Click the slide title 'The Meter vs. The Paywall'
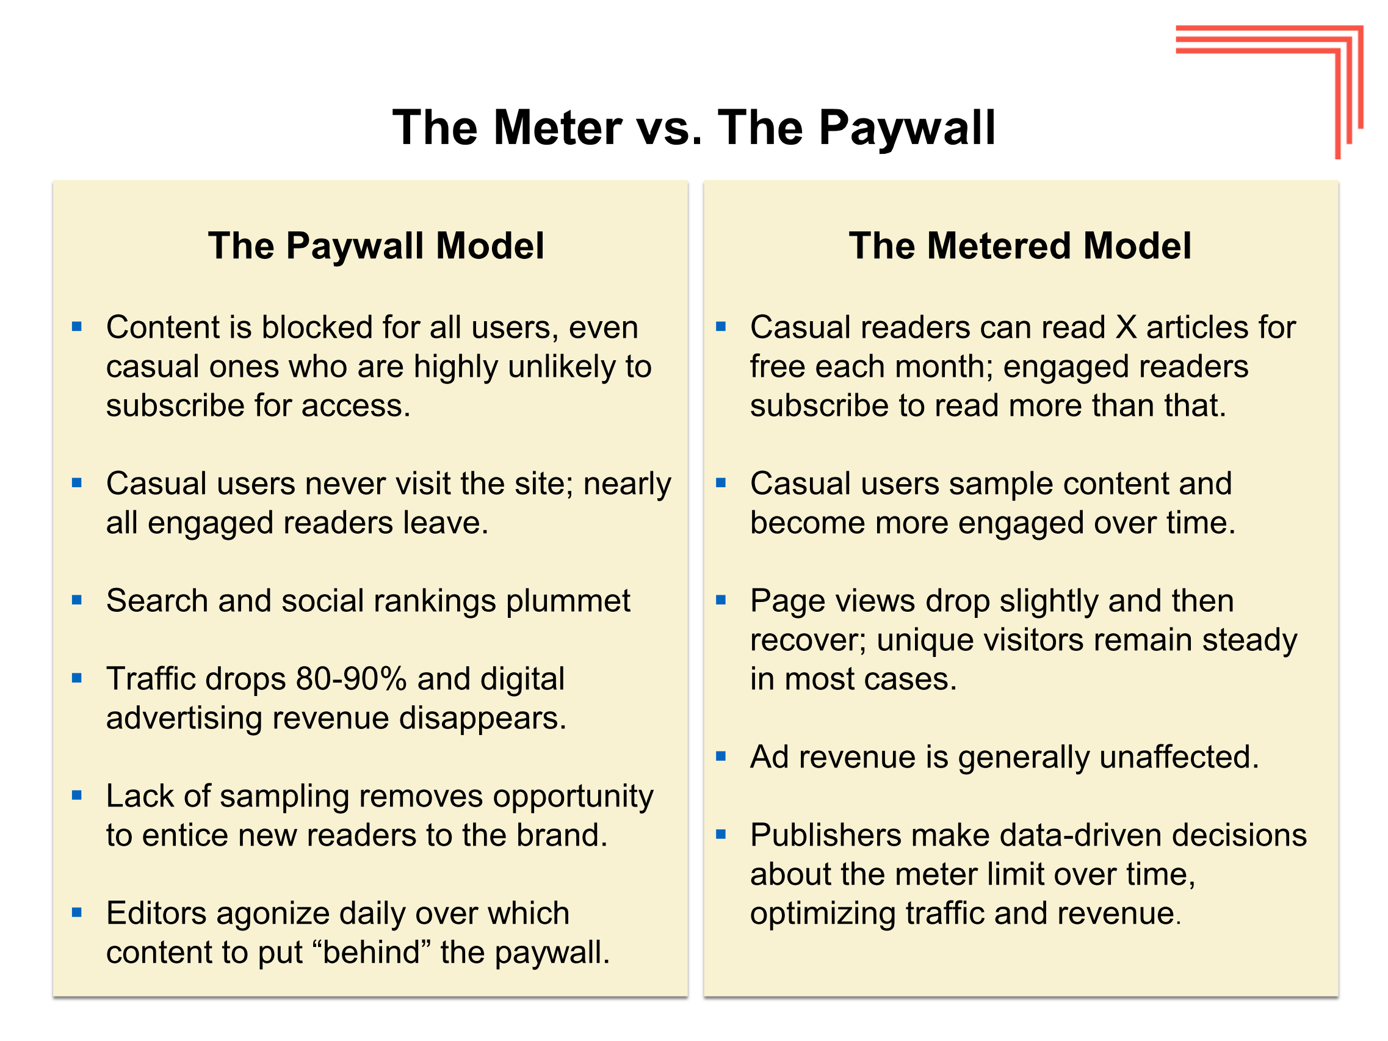pyautogui.click(x=693, y=129)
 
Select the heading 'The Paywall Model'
pyautogui.click(x=376, y=245)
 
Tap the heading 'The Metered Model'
pyautogui.click(x=1020, y=245)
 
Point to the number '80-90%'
pyautogui.click(x=352, y=679)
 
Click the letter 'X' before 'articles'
pyautogui.click(x=1126, y=327)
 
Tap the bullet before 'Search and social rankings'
pyautogui.click(x=76, y=601)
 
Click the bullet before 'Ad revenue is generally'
pyautogui.click(x=721, y=756)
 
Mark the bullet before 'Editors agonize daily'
pyautogui.click(x=76, y=913)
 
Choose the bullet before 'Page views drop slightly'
pyautogui.click(x=721, y=601)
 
